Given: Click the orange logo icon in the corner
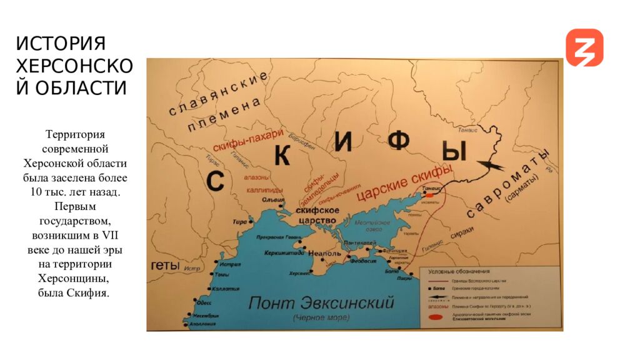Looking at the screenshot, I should [584, 47].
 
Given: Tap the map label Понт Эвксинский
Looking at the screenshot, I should [321, 303].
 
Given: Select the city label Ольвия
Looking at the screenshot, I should [272, 199].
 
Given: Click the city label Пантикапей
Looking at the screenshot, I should [359, 243].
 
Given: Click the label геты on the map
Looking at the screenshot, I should [166, 266].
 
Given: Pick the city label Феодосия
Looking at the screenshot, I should [362, 262].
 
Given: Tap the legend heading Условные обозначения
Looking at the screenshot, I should [459, 272].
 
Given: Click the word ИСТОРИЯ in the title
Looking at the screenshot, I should [61, 44].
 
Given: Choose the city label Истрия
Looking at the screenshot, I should [230, 264].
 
